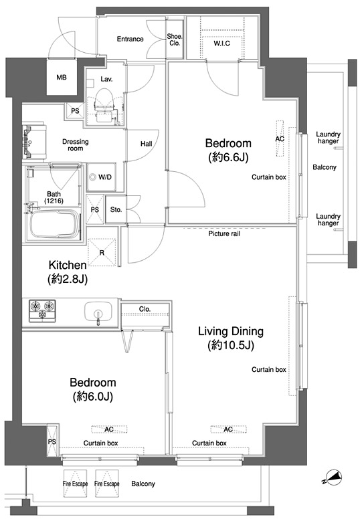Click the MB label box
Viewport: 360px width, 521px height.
[62, 77]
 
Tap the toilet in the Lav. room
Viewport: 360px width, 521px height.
[104, 104]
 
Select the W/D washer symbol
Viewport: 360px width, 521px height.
[92, 177]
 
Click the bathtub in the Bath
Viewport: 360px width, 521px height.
[55, 223]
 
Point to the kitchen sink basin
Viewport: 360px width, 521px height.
[98, 311]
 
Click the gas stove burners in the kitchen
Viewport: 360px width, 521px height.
[42, 311]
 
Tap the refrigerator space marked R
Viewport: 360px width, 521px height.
[102, 252]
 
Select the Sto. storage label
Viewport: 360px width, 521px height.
[116, 209]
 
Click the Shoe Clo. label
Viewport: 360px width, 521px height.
[175, 39]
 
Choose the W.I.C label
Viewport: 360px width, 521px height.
[221, 43]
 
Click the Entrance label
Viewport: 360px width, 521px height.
[130, 39]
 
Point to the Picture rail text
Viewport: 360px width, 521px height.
[224, 233]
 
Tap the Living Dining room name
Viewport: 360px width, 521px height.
[231, 331]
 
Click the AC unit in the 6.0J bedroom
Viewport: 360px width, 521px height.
[109, 429]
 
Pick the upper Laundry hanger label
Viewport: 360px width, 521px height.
[328, 138]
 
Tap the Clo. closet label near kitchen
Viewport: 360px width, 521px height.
[145, 309]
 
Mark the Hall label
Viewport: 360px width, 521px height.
[147, 144]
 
